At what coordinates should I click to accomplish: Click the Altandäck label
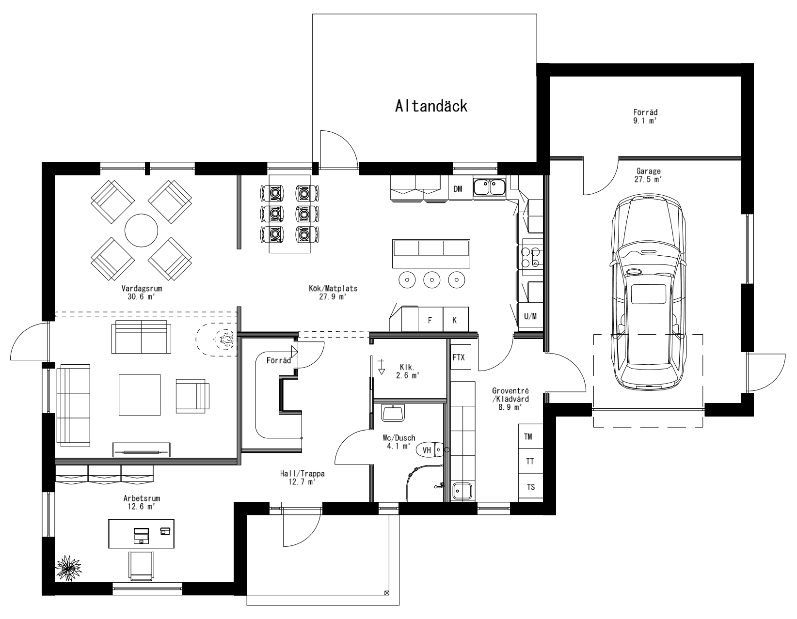tap(431, 106)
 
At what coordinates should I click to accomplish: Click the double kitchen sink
tap(490, 187)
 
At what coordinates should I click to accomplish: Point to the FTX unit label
tap(459, 357)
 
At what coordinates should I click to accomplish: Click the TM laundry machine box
tap(528, 437)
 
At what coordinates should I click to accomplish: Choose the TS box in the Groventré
tap(531, 487)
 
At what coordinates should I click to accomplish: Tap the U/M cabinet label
tap(530, 317)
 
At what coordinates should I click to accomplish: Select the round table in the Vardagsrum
tap(141, 231)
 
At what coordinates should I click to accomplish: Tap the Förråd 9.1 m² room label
tap(645, 116)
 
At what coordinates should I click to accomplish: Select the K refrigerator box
tap(455, 320)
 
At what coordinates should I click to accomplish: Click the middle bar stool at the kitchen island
tap(431, 279)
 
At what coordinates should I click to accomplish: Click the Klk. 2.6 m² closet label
tap(406, 371)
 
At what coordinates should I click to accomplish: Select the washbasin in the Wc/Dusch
tap(393, 413)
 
